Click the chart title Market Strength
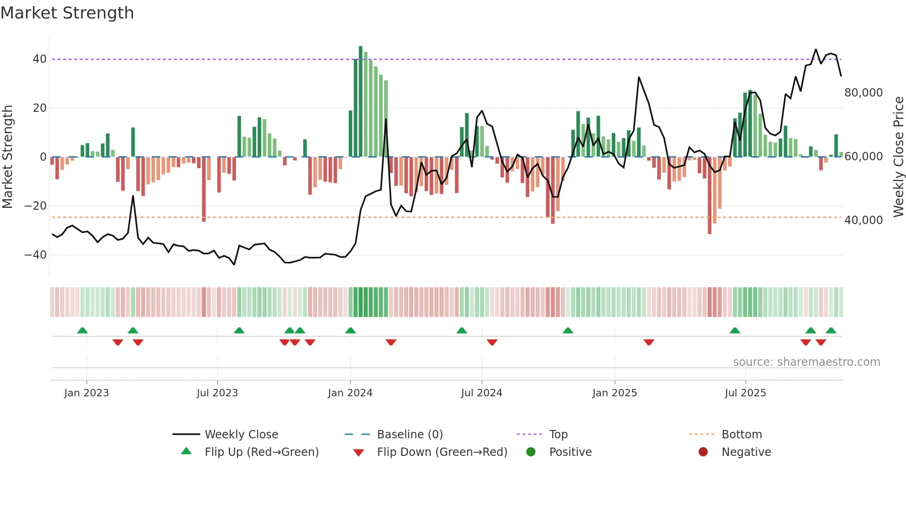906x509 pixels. [x=67, y=13]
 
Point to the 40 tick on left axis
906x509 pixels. [x=40, y=59]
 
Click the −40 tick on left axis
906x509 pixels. [x=36, y=255]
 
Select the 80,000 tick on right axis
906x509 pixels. [x=863, y=93]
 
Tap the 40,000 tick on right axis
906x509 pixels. [x=863, y=220]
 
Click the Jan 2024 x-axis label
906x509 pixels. [x=350, y=393]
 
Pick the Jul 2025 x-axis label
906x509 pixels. [x=745, y=393]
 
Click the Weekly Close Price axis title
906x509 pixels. [x=898, y=157]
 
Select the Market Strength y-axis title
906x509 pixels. [x=7, y=157]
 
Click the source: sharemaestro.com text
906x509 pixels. [x=806, y=362]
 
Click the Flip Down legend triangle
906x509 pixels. [x=358, y=453]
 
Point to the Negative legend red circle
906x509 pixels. [x=703, y=452]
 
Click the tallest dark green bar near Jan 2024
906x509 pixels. [x=361, y=102]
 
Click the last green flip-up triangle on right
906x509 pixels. [x=831, y=330]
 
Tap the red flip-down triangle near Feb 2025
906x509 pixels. [x=649, y=342]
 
